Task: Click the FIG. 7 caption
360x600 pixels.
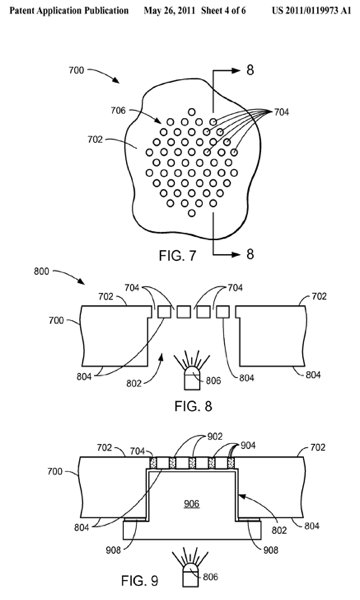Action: click(178, 255)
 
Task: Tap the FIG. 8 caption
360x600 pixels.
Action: click(193, 406)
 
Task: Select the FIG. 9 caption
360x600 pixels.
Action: click(140, 580)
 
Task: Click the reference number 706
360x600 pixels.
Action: click(118, 111)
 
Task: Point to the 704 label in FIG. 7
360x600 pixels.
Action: click(281, 112)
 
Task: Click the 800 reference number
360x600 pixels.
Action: click(41, 271)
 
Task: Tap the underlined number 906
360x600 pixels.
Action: click(191, 504)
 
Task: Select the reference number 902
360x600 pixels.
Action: click(215, 436)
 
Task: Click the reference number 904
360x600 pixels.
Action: click(248, 445)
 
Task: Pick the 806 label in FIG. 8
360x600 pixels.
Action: click(213, 380)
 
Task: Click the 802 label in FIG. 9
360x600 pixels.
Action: click(279, 530)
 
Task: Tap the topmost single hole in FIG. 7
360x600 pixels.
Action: click(192, 112)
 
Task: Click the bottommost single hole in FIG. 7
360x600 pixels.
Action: click(192, 213)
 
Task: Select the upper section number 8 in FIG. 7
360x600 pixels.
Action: click(250, 70)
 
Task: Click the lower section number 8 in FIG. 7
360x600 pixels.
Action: click(250, 254)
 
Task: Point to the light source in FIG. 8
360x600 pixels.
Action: click(191, 377)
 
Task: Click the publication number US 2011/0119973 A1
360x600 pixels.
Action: click(311, 10)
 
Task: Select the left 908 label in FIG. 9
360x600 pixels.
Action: click(113, 550)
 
